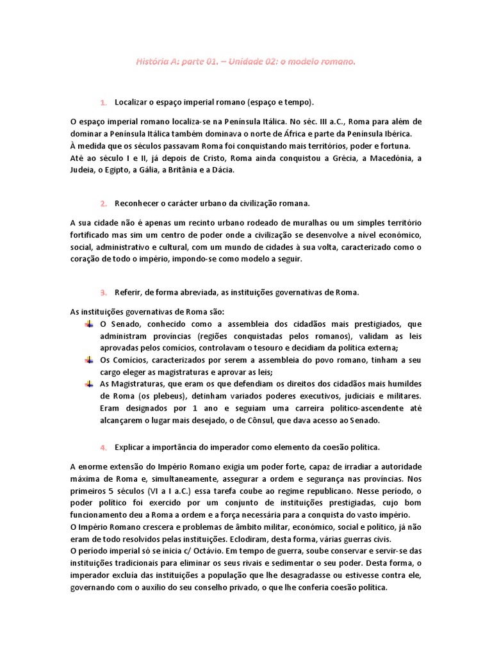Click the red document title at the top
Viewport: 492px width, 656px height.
[x=245, y=62]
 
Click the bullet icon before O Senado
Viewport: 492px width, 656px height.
[x=89, y=324]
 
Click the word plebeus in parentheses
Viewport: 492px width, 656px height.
[x=156, y=396]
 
